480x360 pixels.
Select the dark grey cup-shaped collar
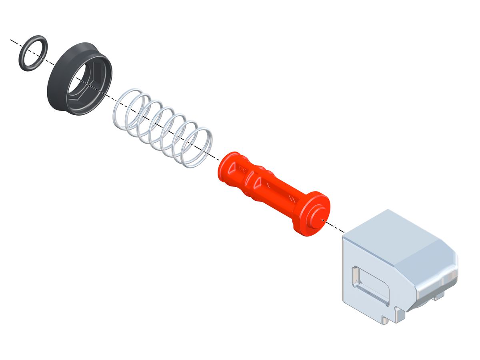click(x=60, y=96)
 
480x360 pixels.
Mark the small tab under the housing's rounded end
click(x=439, y=296)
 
